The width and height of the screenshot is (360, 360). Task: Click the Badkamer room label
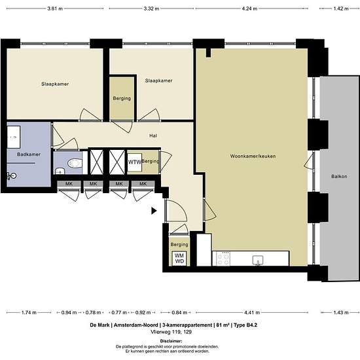point(29,154)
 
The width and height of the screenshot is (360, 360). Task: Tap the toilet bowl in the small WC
point(75,163)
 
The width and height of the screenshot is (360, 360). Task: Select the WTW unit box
point(135,162)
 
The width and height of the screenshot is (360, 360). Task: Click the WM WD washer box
point(179,259)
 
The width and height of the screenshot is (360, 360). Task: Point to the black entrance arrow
point(154,211)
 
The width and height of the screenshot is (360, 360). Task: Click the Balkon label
point(339,176)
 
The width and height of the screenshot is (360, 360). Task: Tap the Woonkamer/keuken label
point(253,156)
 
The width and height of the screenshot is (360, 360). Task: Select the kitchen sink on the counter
point(258,261)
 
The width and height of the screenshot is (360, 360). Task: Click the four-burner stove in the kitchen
point(223,259)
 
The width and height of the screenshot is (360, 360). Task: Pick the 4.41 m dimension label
point(252,312)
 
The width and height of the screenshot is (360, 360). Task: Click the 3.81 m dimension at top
point(55,9)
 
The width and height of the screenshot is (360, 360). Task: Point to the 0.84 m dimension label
point(179,312)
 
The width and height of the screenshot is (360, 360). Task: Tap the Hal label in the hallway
point(153,135)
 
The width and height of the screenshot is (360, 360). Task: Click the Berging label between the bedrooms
point(122,98)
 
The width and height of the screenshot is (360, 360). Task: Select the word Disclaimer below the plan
point(171,341)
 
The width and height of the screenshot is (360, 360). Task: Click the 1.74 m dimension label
point(29,312)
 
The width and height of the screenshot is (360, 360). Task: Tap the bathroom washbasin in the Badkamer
point(14,137)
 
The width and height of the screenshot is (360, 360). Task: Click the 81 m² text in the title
point(223,325)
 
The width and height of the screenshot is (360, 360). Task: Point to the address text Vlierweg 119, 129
point(171,332)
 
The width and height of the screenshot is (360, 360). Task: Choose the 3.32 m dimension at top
point(151,9)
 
